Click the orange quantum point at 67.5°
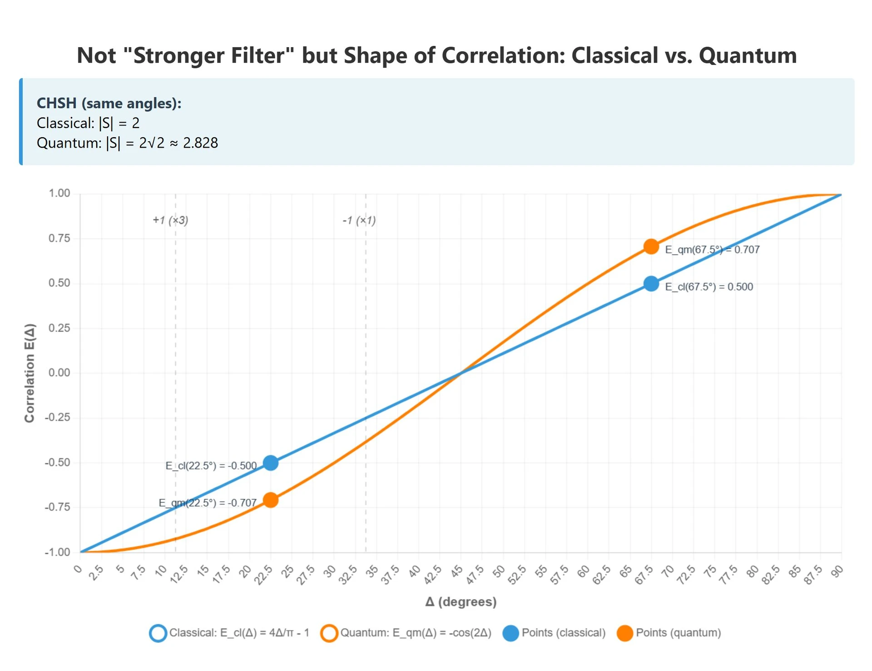[651, 247]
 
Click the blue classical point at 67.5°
[651, 284]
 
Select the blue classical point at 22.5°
[271, 463]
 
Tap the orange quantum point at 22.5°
[271, 500]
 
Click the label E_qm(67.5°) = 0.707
[712, 250]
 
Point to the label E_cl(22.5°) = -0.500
[211, 466]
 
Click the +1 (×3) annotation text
[170, 220]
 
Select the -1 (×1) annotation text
[359, 221]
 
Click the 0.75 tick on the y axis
[59, 239]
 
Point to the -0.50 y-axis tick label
[57, 462]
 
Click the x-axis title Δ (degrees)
[461, 602]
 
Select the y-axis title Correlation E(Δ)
[30, 373]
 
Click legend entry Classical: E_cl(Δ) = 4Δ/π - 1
[239, 633]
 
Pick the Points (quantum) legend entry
[678, 633]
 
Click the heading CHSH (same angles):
[109, 103]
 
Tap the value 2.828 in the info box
[200, 143]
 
